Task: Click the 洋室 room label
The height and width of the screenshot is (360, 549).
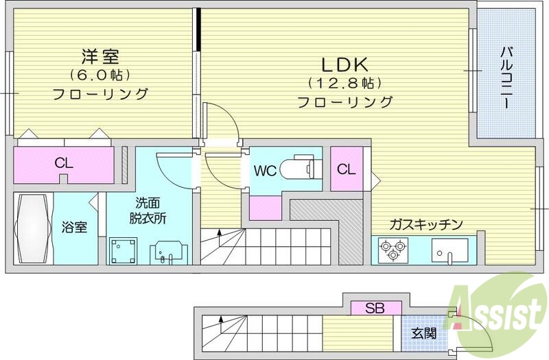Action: (100, 55)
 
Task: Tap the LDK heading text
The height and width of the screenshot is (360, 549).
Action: (346, 65)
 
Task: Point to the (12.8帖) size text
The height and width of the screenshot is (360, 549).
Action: (344, 84)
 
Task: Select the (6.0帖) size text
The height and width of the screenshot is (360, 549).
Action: (100, 74)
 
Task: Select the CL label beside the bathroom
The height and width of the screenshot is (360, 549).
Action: (64, 165)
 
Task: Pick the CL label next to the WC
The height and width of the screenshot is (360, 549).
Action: (347, 169)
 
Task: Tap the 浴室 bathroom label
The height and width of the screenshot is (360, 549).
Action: (75, 227)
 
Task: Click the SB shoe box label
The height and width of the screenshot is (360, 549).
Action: (375, 308)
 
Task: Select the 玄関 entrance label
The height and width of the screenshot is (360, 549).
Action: (423, 333)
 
